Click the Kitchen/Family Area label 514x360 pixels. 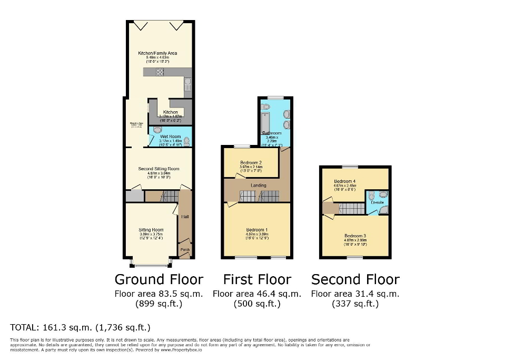tap(157, 53)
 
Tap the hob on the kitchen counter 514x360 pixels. tap(160, 73)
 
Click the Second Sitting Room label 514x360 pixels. tap(159, 169)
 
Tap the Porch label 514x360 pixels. tap(185, 249)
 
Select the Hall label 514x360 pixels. tap(185, 217)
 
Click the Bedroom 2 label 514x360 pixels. tap(251, 162)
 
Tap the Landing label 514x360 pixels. tap(258, 186)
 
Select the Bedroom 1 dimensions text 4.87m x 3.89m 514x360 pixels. tap(258, 235)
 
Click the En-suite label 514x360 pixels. tap(377, 202)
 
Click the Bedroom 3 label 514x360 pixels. tap(355, 236)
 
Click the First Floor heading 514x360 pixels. tap(257, 279)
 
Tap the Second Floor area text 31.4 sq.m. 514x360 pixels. tap(355, 294)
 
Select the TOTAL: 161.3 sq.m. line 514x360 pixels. tap(81, 327)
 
